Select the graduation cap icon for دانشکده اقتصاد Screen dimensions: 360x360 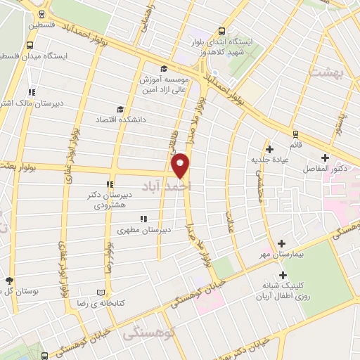[120, 110]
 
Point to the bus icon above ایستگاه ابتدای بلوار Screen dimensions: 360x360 [222, 31]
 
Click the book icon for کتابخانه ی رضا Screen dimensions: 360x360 [107, 292]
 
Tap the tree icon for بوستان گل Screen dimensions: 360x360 [8, 280]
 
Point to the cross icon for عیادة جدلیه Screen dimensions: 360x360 [270, 149]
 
